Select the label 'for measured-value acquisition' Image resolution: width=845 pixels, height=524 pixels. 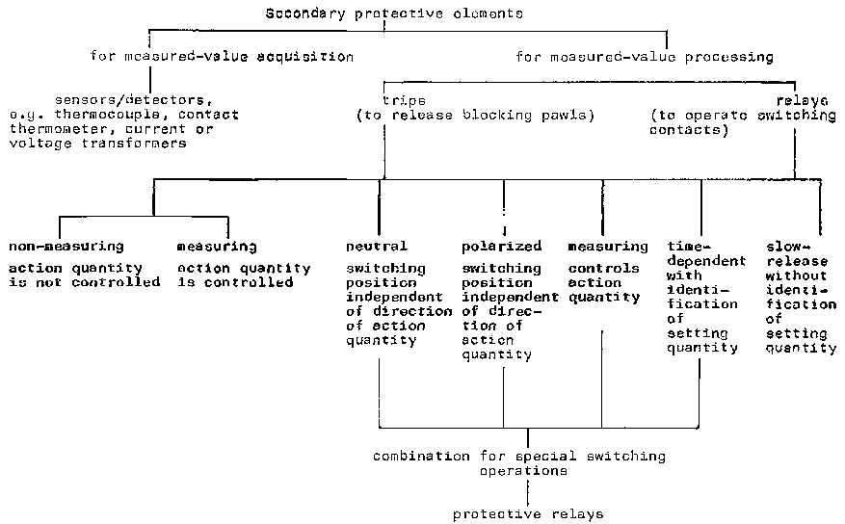tap(222, 56)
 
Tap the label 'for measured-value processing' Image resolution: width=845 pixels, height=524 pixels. tap(644, 56)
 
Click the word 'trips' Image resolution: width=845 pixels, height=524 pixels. tap(404, 99)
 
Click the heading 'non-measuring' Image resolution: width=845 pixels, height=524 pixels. tap(66, 247)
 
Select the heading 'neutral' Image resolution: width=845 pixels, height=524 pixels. tap(376, 247)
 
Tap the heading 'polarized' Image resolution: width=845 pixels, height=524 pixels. tap(502, 247)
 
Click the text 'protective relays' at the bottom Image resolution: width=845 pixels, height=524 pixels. tap(527, 513)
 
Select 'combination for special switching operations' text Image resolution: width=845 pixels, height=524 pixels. tap(519, 463)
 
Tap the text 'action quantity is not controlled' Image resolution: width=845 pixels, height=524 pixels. tap(84, 275)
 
